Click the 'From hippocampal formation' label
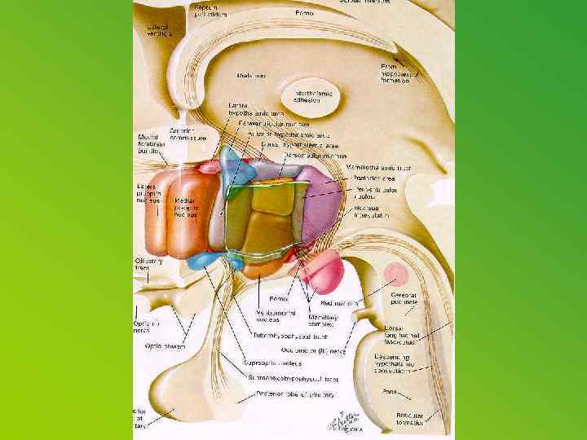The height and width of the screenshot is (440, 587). (x=399, y=73)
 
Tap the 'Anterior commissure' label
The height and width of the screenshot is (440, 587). (x=187, y=134)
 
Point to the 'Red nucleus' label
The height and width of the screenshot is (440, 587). (x=342, y=302)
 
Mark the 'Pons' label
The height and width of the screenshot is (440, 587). (x=390, y=391)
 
